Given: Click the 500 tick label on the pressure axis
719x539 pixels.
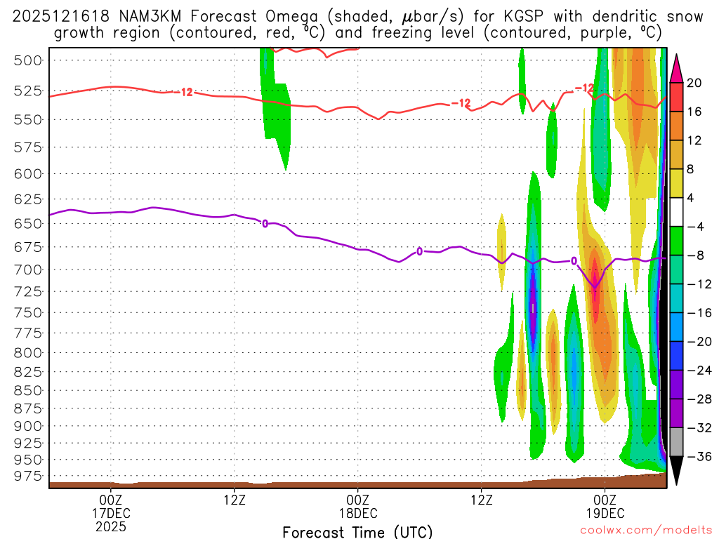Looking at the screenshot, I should (x=28, y=60).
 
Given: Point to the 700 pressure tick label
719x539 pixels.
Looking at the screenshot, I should (x=28, y=269).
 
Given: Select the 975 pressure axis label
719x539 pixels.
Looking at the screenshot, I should (x=28, y=477).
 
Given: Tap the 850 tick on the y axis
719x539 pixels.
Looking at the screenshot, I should (x=28, y=390).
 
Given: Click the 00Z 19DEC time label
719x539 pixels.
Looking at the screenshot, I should (x=605, y=505).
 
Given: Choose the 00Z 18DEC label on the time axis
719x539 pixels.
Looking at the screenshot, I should (x=357, y=505).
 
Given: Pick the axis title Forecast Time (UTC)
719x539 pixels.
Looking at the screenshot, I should (x=357, y=532).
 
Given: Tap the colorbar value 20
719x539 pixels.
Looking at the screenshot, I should (x=694, y=83).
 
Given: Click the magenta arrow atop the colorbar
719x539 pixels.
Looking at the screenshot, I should (x=677, y=67).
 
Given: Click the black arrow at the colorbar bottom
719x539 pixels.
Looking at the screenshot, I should (x=677, y=470).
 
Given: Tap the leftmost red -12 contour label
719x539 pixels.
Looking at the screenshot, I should (x=185, y=92).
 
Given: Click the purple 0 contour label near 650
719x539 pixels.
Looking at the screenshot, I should (x=265, y=224).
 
